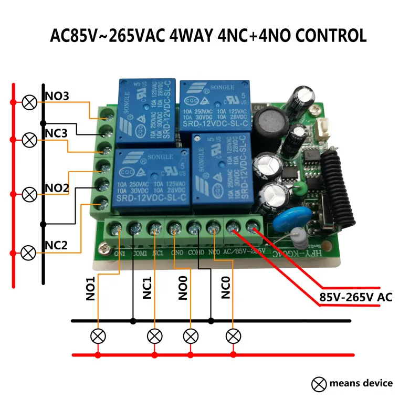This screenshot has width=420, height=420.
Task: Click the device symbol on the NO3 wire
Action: (x=29, y=102)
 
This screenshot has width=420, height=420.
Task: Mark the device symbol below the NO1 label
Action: (x=98, y=335)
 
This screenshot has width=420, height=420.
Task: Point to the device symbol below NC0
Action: (x=233, y=335)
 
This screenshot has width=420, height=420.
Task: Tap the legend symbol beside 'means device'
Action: (x=318, y=385)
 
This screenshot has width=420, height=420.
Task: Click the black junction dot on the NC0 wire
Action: (x=211, y=320)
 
